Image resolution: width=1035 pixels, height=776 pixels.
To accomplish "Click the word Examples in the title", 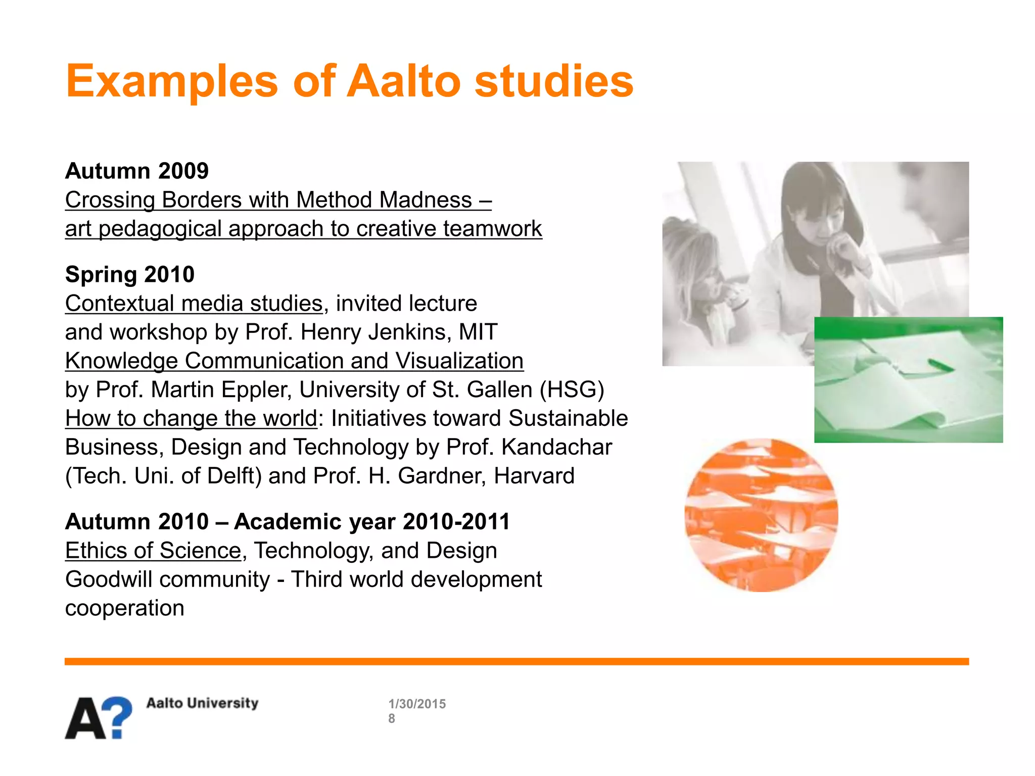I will [x=172, y=82].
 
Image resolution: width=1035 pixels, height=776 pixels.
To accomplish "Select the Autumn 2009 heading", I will [x=136, y=171].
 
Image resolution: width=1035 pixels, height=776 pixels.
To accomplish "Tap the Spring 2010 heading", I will [x=129, y=274].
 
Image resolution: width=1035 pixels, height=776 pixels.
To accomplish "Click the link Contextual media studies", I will [x=194, y=304].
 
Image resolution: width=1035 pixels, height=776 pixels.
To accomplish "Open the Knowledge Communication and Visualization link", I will [x=294, y=361].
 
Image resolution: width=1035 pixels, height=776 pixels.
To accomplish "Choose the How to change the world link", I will [x=191, y=419].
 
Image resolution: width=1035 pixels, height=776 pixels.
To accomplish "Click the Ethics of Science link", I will [x=153, y=551].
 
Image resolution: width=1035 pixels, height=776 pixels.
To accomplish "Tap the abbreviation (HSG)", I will [x=572, y=390].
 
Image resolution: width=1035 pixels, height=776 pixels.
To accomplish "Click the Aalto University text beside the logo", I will [x=202, y=703].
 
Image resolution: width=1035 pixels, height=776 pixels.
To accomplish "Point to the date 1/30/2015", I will [x=417, y=704].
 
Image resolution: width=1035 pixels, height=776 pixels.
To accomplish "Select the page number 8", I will [x=392, y=718].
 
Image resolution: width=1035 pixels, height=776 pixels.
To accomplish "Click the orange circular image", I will [x=761, y=515].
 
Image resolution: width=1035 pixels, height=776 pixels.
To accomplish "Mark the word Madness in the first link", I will [x=426, y=200].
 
